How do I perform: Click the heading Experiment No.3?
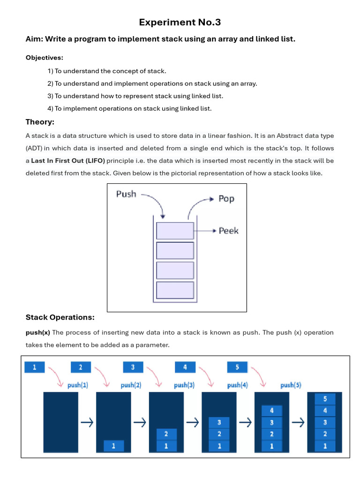[x=180, y=22]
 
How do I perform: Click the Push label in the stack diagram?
[x=126, y=194]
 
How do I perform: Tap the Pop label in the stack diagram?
[x=226, y=199]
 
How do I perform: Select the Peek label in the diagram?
[x=228, y=231]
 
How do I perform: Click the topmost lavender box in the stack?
[x=175, y=231]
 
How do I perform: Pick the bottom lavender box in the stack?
[x=175, y=290]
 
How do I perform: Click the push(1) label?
[x=78, y=385]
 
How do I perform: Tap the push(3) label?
[x=184, y=385]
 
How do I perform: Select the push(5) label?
[x=291, y=385]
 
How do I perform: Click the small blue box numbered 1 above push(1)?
[x=34, y=367]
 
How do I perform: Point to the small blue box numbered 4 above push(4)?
[x=185, y=367]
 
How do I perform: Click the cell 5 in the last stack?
[x=325, y=399]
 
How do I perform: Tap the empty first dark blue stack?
[x=60, y=422]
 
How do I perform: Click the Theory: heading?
[x=40, y=122]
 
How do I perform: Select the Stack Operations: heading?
[x=60, y=317]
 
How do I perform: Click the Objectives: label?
[x=44, y=58]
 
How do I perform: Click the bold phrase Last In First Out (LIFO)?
[x=68, y=160]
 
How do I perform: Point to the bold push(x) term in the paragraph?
[x=37, y=332]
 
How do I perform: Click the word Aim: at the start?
[x=34, y=39]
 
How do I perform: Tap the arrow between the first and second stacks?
[x=87, y=422]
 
